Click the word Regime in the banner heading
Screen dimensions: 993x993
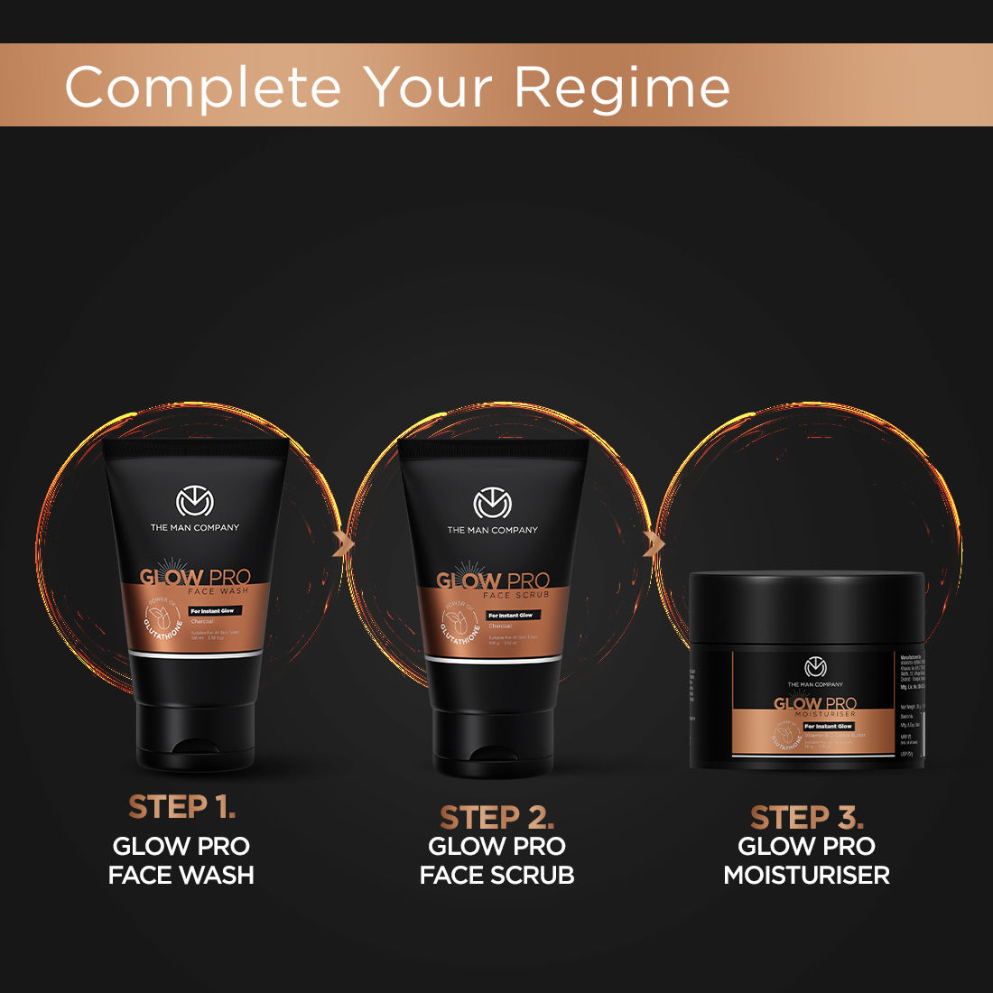coord(622,88)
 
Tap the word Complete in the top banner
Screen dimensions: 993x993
coord(203,88)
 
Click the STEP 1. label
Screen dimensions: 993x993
coord(181,806)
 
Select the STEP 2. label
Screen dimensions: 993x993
coord(496,817)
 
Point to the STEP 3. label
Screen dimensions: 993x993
coord(806,817)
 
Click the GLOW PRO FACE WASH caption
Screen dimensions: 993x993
coord(181,860)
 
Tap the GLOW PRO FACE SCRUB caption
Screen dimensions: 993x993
coord(496,860)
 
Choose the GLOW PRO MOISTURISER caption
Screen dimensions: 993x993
coord(806,860)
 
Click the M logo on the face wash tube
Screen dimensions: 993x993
coord(194,502)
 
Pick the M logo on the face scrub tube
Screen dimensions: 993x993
coord(492,505)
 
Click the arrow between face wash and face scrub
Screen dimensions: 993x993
coord(342,543)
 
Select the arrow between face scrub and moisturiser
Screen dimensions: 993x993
coord(653,543)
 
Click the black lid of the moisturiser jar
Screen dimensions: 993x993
coord(806,605)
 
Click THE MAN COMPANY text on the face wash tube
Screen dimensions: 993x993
coord(194,527)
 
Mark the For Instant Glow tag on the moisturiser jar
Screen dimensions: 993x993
coord(828,726)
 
